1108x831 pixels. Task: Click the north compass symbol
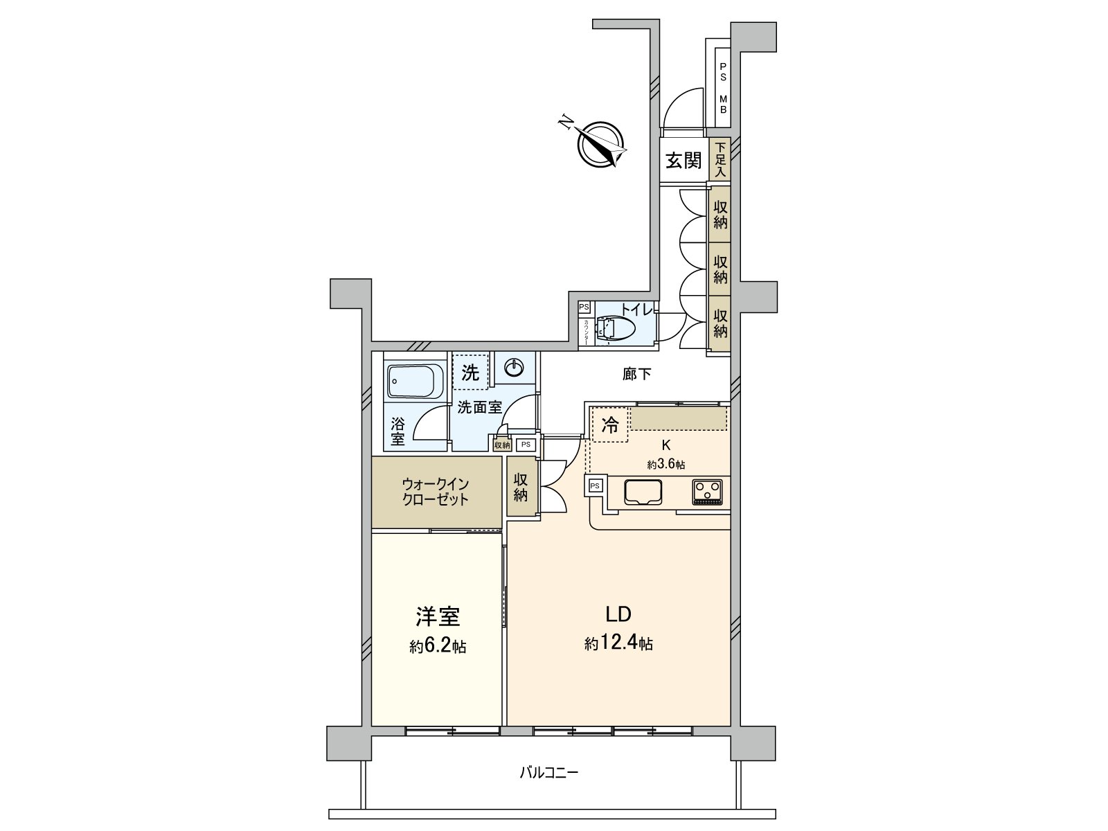600,143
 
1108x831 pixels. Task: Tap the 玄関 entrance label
683,161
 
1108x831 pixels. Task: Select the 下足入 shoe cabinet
720,159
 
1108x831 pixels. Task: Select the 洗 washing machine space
471,373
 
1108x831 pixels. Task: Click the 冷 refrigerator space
609,425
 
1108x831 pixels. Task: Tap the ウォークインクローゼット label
436,492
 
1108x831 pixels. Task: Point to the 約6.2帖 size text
437,647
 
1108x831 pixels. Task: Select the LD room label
618,614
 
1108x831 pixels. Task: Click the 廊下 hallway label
636,375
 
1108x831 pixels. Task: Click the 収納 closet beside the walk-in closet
521,486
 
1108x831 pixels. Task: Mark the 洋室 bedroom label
438,616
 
